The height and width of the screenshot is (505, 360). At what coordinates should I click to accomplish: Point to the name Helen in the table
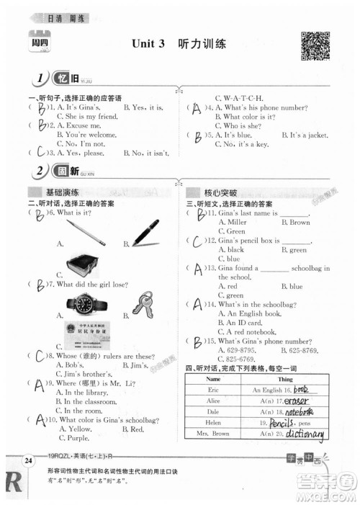[212, 423]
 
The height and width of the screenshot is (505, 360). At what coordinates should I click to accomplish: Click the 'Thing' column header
[285, 378]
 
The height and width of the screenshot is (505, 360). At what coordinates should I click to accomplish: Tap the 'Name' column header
[212, 378]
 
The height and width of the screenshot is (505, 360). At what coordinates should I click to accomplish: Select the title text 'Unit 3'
[149, 44]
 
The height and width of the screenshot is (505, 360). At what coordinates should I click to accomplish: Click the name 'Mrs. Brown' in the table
[212, 434]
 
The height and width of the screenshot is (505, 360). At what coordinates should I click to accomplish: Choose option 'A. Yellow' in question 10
[75, 429]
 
